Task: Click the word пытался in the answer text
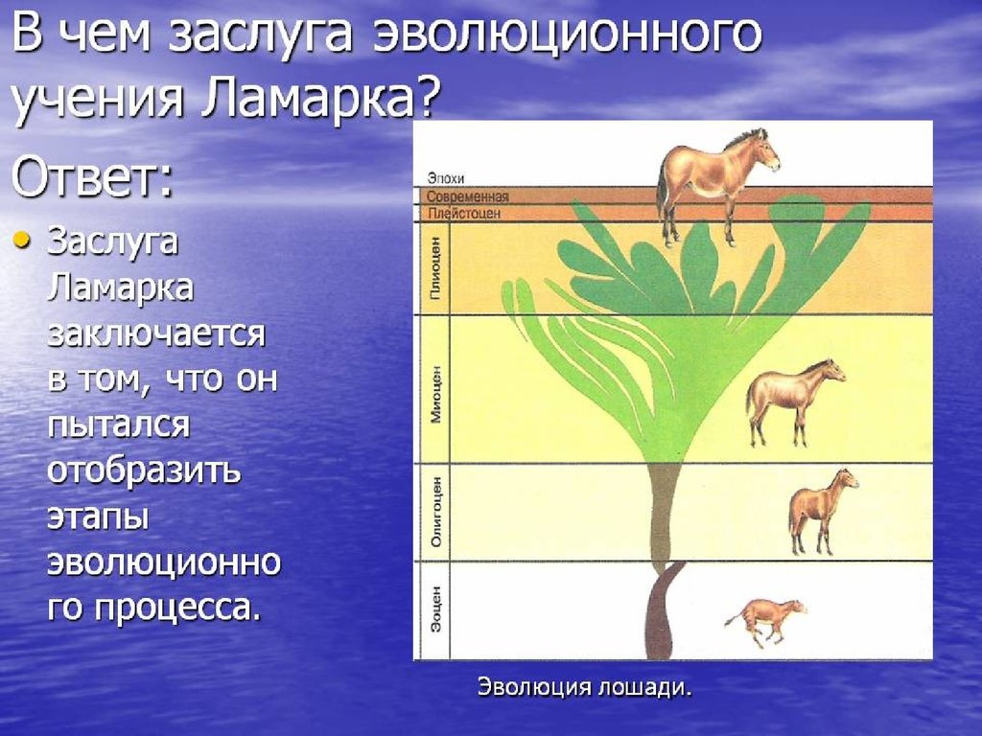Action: (x=118, y=425)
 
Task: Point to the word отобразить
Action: (x=144, y=471)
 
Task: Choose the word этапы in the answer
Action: (x=98, y=517)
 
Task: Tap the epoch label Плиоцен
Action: (x=436, y=268)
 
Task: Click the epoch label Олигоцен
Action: (x=436, y=512)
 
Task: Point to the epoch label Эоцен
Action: (x=436, y=609)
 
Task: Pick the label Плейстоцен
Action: (x=464, y=214)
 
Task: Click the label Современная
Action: (x=468, y=196)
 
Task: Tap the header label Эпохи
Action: (x=446, y=179)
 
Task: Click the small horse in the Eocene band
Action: (x=764, y=621)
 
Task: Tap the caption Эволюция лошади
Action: (x=584, y=687)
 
